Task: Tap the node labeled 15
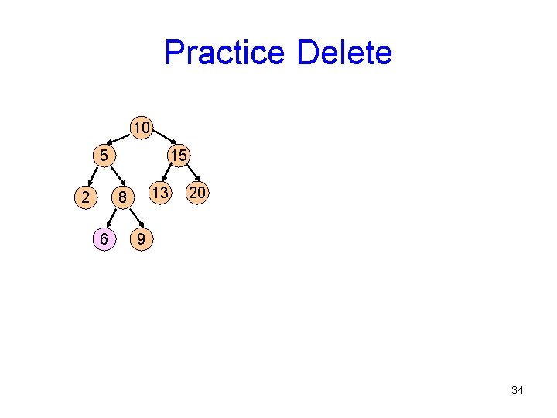pos(178,156)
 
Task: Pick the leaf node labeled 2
pos(84,197)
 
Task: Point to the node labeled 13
pos(159,191)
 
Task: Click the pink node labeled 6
pos(103,240)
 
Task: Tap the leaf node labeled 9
pos(140,240)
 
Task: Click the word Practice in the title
pos(225,53)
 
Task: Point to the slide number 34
pos(517,390)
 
